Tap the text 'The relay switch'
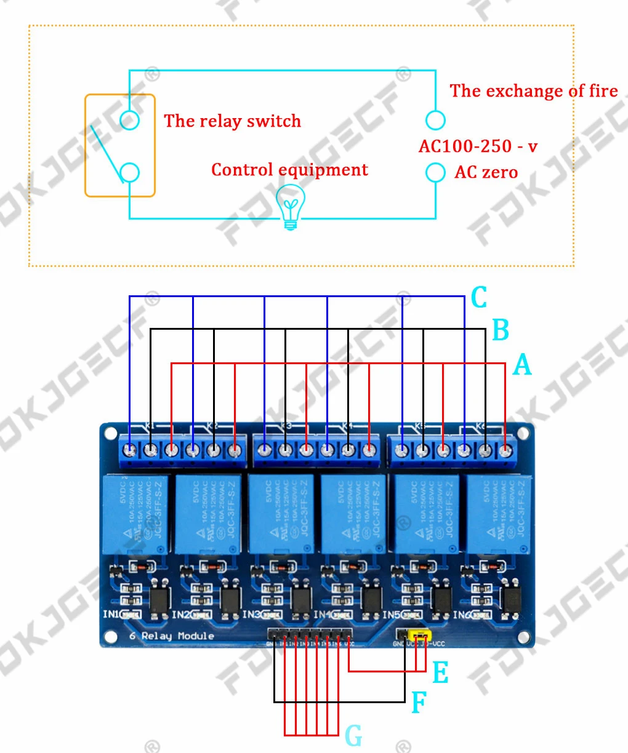click(x=232, y=121)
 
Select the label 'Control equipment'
click(x=289, y=170)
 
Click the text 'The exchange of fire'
click(x=533, y=91)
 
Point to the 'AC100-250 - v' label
click(x=478, y=146)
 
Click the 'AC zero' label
click(x=486, y=173)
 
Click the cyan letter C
click(x=479, y=298)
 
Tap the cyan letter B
click(x=501, y=330)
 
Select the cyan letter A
click(x=522, y=365)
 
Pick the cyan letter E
click(x=440, y=672)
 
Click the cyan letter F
click(x=419, y=703)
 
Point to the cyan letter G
click(x=353, y=736)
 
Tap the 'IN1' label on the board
click(x=111, y=614)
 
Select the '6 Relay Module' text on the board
click(x=172, y=635)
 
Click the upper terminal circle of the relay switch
click(x=129, y=120)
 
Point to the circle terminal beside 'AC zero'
click(x=435, y=172)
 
